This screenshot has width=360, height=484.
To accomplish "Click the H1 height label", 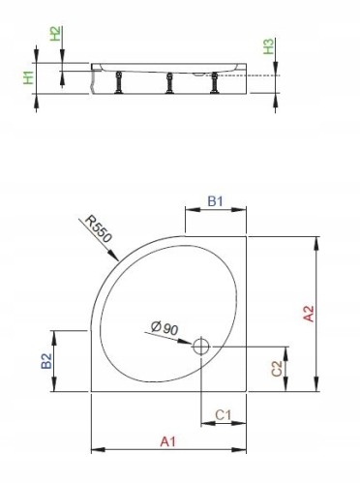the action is pyautogui.click(x=29, y=78).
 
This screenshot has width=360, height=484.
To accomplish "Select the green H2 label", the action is pyautogui.click(x=55, y=34).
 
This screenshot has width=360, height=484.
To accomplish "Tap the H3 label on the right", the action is pyautogui.click(x=268, y=46).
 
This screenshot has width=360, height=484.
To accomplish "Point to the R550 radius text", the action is pyautogui.click(x=99, y=228).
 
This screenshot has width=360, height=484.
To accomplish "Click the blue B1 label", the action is pyautogui.click(x=215, y=201).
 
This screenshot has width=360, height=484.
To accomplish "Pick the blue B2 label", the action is pyautogui.click(x=46, y=361).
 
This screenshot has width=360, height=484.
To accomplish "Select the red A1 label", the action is pyautogui.click(x=168, y=441).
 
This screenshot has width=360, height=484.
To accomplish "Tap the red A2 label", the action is pyautogui.click(x=309, y=314).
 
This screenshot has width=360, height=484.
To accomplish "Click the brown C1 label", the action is pyautogui.click(x=224, y=415).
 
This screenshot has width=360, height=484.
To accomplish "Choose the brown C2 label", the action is pyautogui.click(x=277, y=369).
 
